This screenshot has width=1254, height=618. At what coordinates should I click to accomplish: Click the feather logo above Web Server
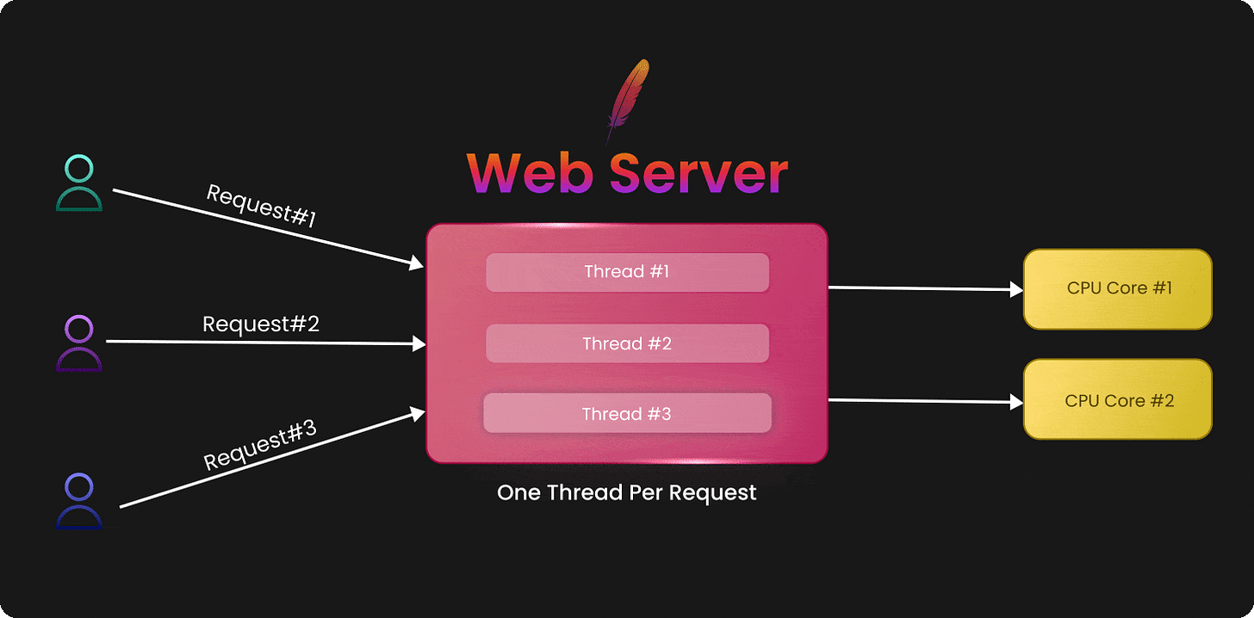click(x=626, y=100)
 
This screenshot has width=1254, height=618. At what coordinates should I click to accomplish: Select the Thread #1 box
click(x=627, y=272)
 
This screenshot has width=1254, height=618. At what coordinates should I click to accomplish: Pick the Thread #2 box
click(x=627, y=343)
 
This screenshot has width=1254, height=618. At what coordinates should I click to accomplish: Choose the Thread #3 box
click(x=627, y=413)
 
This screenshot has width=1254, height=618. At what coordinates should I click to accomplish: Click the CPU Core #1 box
click(x=1118, y=288)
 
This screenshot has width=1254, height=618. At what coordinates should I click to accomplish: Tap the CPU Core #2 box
click(x=1118, y=400)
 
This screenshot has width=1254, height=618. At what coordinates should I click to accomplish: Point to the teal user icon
click(x=79, y=183)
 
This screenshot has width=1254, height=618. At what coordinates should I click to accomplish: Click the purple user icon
click(x=79, y=343)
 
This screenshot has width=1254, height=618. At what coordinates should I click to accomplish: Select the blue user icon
click(x=79, y=501)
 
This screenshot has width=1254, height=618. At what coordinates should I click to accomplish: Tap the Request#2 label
click(x=261, y=324)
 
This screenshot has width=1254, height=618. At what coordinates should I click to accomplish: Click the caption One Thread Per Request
click(x=627, y=493)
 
